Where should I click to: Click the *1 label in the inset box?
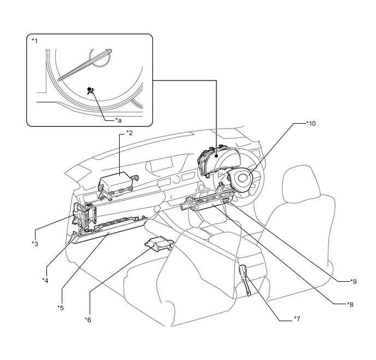(x=35, y=41)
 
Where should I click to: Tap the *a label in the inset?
(x=119, y=120)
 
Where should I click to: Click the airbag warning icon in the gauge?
(x=91, y=91)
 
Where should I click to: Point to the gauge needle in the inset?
(x=85, y=65)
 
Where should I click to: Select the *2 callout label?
(x=129, y=133)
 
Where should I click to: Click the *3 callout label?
(x=35, y=244)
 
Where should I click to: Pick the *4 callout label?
(x=45, y=280)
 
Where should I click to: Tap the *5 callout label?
(x=61, y=307)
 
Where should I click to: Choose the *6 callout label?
(x=88, y=320)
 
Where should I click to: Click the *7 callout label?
(x=297, y=319)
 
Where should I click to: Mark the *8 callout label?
(x=350, y=305)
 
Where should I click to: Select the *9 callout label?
(x=354, y=281)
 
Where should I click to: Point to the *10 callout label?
(x=311, y=123)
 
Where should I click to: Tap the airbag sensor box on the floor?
(x=159, y=244)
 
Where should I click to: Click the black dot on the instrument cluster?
(x=216, y=156)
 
